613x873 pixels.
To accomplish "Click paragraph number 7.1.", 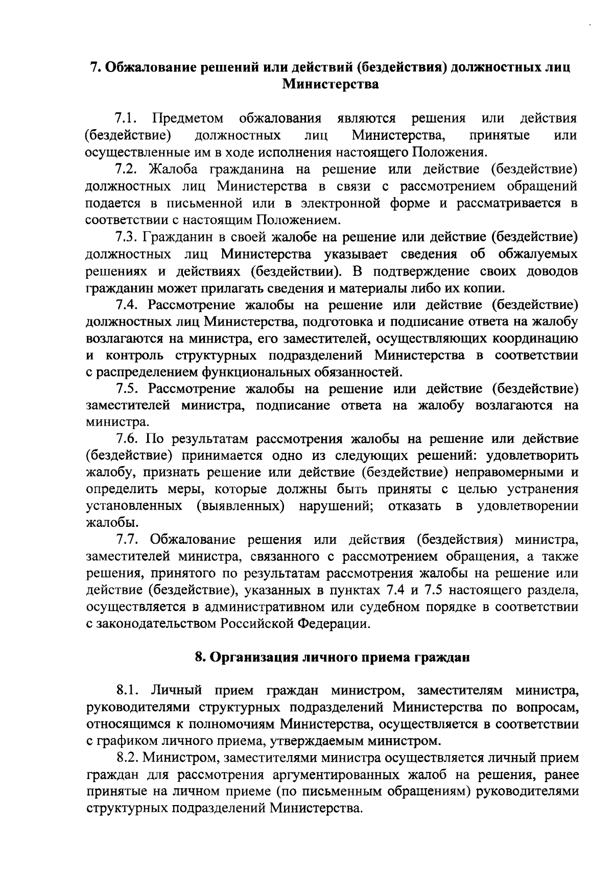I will (127, 119).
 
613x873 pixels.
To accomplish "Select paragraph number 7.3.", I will (127, 237).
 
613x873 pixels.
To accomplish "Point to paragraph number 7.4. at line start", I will (128, 305).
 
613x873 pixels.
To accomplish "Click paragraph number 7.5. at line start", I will (128, 389).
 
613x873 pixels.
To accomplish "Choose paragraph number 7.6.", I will (127, 439).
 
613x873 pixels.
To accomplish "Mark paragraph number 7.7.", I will (128, 540).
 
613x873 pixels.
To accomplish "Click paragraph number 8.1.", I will (128, 691).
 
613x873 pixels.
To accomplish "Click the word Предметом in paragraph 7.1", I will (188, 119).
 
